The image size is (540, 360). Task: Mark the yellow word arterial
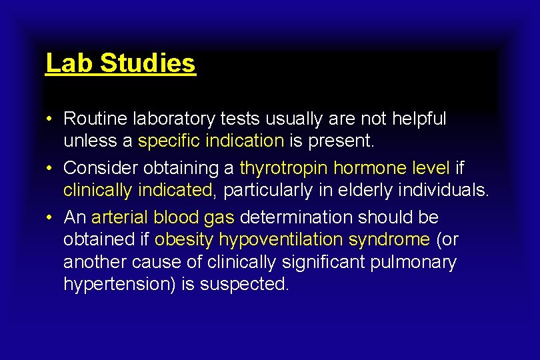[119, 217]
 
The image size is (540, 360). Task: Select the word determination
[295, 217]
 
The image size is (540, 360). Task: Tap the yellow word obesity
[184, 239]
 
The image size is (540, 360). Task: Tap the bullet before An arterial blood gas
[50, 217]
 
